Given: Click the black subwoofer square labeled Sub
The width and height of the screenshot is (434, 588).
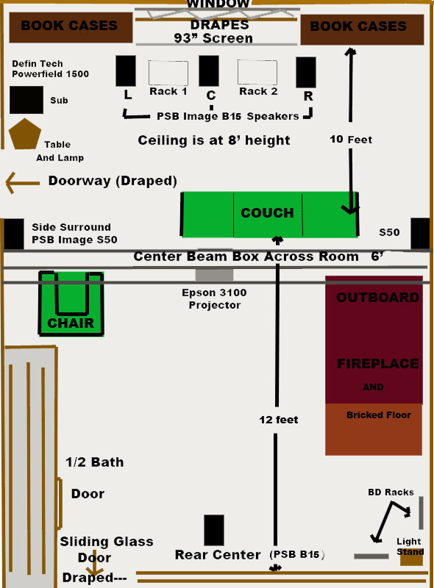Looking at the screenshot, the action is click(26, 100).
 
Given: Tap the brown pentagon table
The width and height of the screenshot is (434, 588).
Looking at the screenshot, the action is click(25, 135).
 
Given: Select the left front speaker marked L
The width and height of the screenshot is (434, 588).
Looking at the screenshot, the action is click(126, 71).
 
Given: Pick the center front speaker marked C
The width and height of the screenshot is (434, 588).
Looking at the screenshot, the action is click(209, 71).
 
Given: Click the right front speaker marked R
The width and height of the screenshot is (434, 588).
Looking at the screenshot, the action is click(306, 72).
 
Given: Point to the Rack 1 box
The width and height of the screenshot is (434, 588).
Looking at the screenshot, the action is click(168, 73).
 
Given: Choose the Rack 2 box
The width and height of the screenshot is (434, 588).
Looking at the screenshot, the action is click(257, 72).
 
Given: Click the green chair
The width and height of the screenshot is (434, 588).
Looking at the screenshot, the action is click(71, 304).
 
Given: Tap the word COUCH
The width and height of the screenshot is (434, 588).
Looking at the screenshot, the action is click(267, 212).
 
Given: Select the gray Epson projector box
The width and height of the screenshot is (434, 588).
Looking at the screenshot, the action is click(214, 274).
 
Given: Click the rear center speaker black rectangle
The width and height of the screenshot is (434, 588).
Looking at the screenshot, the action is click(214, 530).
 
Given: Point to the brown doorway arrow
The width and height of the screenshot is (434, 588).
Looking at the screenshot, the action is click(23, 182).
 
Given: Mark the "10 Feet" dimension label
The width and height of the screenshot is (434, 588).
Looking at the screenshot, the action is click(351, 140).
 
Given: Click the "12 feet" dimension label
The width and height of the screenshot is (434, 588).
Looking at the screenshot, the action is click(279, 420).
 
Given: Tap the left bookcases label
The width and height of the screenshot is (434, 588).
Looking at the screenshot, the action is click(69, 26).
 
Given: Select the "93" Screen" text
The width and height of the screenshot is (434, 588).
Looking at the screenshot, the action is click(213, 38).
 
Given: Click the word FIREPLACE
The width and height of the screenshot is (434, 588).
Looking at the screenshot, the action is click(377, 363).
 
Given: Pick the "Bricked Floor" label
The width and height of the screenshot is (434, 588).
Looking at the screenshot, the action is click(379, 415).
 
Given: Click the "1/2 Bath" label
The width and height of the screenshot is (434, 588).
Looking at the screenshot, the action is click(95, 462).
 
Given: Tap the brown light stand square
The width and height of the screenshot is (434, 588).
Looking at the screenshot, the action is click(411, 558).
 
